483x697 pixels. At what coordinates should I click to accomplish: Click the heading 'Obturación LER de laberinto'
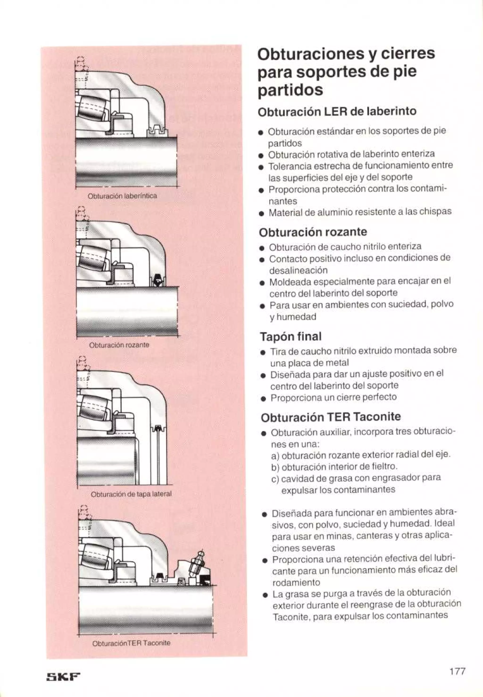[337, 111]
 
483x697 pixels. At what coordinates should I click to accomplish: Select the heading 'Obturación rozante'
[313, 232]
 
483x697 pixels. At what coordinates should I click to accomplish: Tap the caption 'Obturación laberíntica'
[122, 196]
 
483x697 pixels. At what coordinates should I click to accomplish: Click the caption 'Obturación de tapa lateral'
[131, 494]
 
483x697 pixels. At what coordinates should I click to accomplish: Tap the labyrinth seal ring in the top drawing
[157, 131]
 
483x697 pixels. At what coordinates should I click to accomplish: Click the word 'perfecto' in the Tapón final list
[381, 397]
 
